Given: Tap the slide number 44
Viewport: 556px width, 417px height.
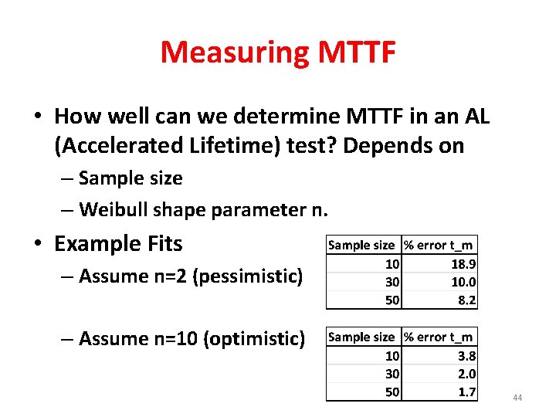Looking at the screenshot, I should coord(517,398).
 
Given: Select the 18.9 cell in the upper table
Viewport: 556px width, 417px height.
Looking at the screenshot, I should coord(463,263).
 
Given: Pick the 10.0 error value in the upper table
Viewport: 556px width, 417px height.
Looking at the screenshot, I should coord(463,282).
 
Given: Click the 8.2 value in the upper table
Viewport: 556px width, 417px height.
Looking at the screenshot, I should coord(466,300).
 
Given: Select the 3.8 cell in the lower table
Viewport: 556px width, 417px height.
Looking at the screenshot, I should coord(466,355).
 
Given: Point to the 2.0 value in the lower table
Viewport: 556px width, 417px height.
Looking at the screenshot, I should coord(466,374).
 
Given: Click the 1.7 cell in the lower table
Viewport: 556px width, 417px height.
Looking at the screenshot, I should coord(466,392).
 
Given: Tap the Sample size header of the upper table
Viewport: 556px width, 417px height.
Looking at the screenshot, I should coord(361,245).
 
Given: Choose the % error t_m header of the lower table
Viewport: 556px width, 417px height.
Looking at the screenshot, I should coord(439,337).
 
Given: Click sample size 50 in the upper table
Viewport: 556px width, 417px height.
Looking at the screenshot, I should coord(392,300).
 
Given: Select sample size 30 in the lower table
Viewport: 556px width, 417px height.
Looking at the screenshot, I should coord(392,374).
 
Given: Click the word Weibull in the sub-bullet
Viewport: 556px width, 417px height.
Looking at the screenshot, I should coord(113,209).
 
